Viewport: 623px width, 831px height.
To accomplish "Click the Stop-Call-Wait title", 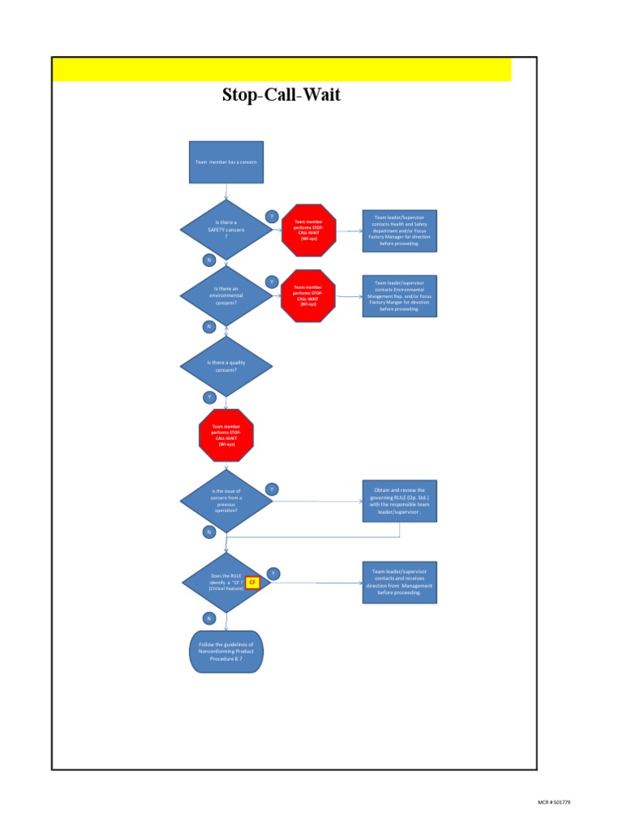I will (x=281, y=96).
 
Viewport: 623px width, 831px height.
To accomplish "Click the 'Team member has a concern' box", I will (x=226, y=162).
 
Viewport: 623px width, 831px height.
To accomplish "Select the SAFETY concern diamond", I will (x=226, y=230).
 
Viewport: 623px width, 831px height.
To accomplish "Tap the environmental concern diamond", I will (x=226, y=296).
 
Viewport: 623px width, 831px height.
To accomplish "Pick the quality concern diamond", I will (x=226, y=366).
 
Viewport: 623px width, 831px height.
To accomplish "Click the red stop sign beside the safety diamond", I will (x=308, y=230).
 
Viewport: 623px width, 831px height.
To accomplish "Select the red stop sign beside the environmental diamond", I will (x=308, y=296).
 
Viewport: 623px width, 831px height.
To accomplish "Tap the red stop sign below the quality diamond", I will (x=226, y=436).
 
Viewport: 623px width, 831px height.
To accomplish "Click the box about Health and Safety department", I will (x=399, y=230).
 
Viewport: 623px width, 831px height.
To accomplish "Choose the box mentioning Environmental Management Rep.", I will (x=399, y=296).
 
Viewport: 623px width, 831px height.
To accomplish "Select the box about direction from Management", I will (x=399, y=581).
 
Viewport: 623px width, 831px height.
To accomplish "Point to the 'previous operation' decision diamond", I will (x=226, y=501).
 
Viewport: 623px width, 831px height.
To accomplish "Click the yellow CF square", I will (x=252, y=583).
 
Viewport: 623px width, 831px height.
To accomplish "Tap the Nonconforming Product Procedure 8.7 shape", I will (x=226, y=652).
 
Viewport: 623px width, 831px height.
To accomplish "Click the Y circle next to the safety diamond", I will (x=272, y=216).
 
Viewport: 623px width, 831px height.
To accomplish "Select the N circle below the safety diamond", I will (x=208, y=260).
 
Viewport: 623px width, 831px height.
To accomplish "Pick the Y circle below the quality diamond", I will (x=208, y=397).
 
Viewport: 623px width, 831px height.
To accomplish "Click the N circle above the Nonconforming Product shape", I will (x=208, y=618).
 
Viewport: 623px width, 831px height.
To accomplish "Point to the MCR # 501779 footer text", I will (x=555, y=802).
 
